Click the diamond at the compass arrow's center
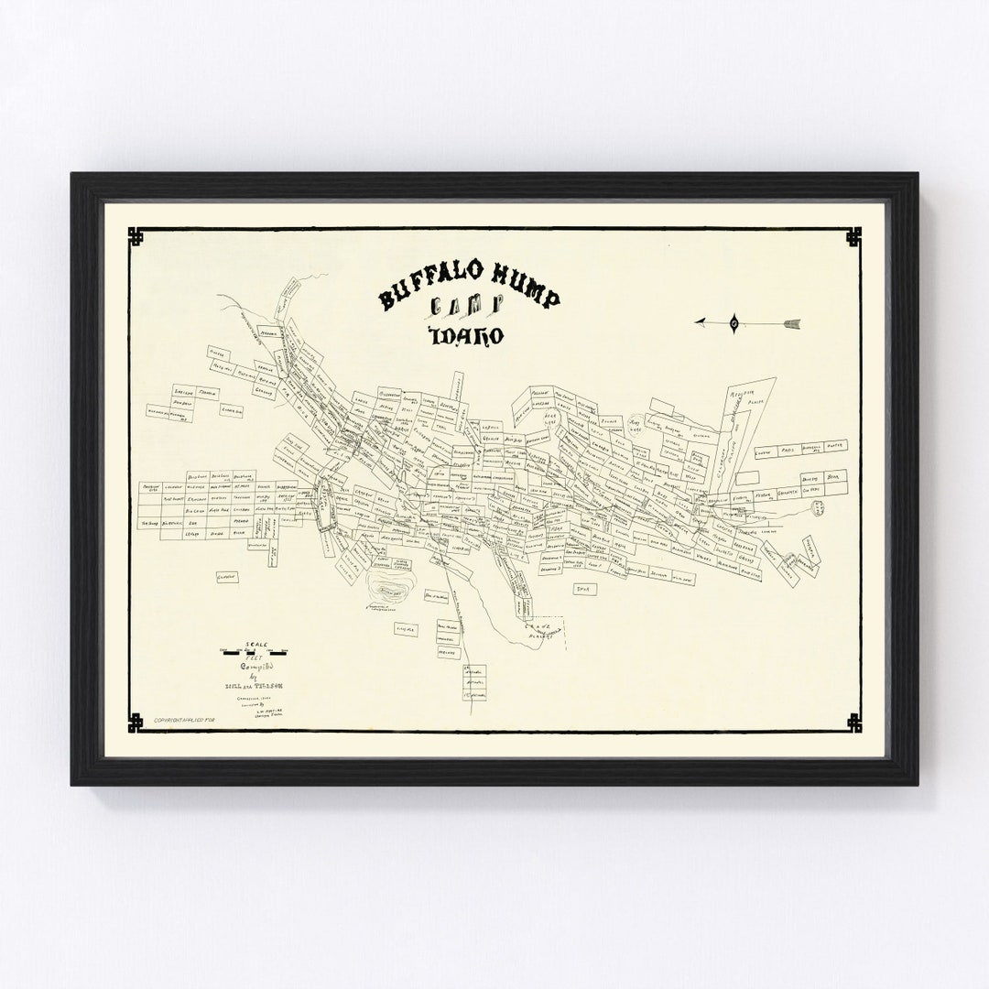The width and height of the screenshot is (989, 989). (x=734, y=321)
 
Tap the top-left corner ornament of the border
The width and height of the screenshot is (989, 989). (x=136, y=237)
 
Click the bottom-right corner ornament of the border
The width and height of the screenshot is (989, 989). (x=853, y=723)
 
